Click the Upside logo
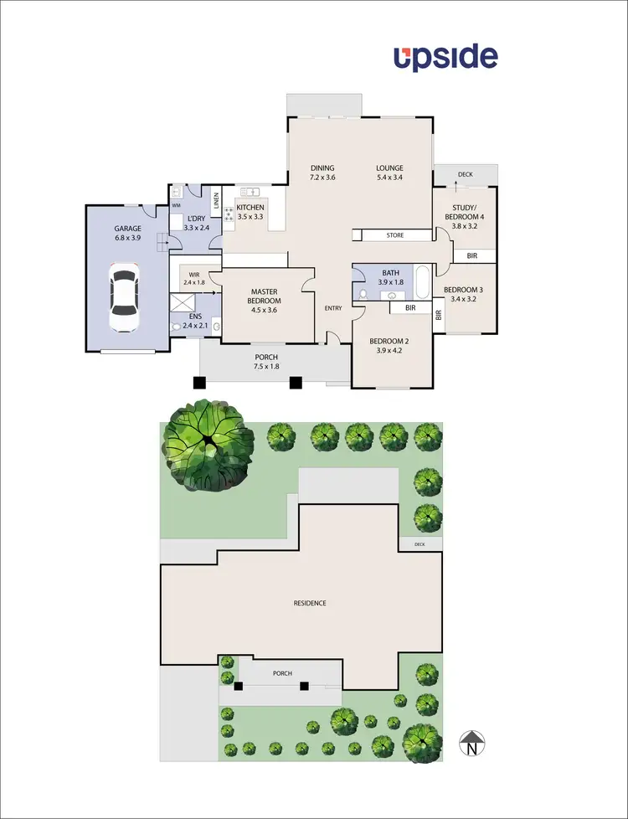point(446,57)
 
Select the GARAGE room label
point(128,229)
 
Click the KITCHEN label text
point(250,207)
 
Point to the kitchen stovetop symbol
point(228,214)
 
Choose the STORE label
point(395,235)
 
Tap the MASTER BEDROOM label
point(264,296)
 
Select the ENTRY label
point(333,309)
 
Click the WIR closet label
point(194,274)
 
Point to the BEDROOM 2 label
point(389,341)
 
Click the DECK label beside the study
point(465,175)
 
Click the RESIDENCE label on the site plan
point(310,603)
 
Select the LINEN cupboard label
point(216,200)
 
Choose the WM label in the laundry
point(177,204)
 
